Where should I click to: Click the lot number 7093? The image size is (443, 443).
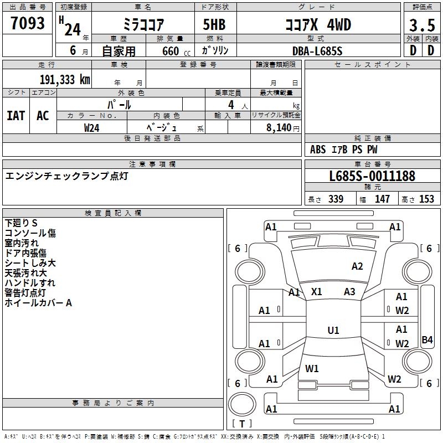[27, 23]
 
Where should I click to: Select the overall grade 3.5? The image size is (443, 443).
[421, 24]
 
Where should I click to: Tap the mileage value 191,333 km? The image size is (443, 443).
[64, 79]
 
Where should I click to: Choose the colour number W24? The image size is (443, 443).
[92, 127]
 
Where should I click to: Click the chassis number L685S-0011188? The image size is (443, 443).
[372, 176]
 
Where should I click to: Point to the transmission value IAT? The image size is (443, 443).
[16, 116]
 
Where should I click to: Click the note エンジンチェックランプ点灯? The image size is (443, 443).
[66, 176]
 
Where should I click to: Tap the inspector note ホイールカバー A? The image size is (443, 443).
[38, 303]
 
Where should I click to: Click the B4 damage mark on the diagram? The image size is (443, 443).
[427, 340]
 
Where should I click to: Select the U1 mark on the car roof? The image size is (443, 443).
[333, 331]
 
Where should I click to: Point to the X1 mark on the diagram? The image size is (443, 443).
[317, 292]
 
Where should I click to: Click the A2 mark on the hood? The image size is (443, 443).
[357, 266]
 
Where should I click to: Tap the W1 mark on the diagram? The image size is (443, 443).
[312, 368]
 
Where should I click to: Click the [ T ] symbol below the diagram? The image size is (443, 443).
[241, 424]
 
